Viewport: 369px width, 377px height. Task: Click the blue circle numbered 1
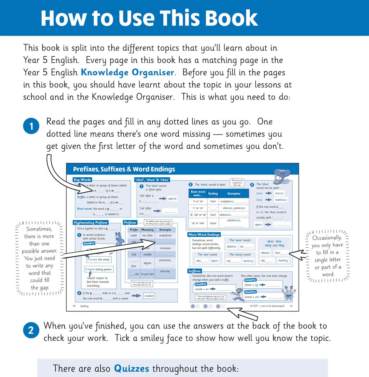31,126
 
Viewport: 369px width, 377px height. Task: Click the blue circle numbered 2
31,331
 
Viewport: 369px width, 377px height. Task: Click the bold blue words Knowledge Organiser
127,72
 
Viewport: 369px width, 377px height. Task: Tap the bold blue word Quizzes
132,368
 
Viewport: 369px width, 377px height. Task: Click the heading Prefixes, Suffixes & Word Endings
124,169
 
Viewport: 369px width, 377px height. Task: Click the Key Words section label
82,180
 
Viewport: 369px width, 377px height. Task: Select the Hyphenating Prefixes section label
90,223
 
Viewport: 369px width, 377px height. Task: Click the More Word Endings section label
204,235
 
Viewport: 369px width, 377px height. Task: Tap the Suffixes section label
195,271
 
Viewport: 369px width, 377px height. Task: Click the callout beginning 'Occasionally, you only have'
327,256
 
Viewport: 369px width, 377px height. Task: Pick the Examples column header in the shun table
234,194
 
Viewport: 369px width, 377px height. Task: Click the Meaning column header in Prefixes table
147,230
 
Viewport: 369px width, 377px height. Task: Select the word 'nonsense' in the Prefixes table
165,248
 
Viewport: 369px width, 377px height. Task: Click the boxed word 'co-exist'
149,296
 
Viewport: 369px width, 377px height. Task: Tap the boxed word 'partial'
173,199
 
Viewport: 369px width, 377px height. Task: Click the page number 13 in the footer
291,306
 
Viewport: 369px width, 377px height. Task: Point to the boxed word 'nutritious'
281,200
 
